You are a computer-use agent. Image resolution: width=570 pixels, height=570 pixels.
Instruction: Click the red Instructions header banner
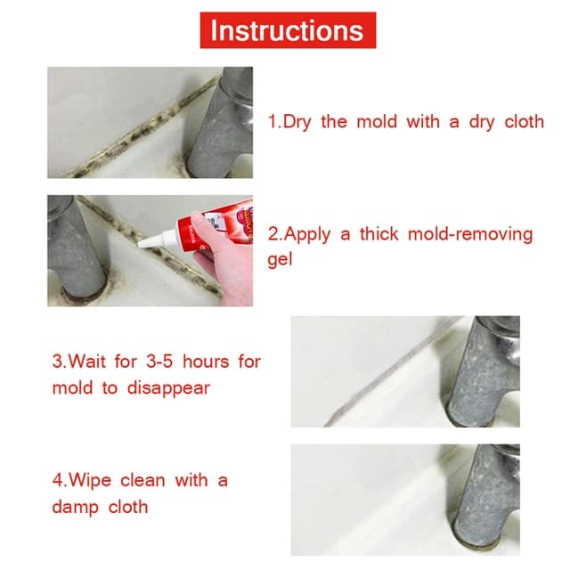pyautogui.click(x=286, y=30)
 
